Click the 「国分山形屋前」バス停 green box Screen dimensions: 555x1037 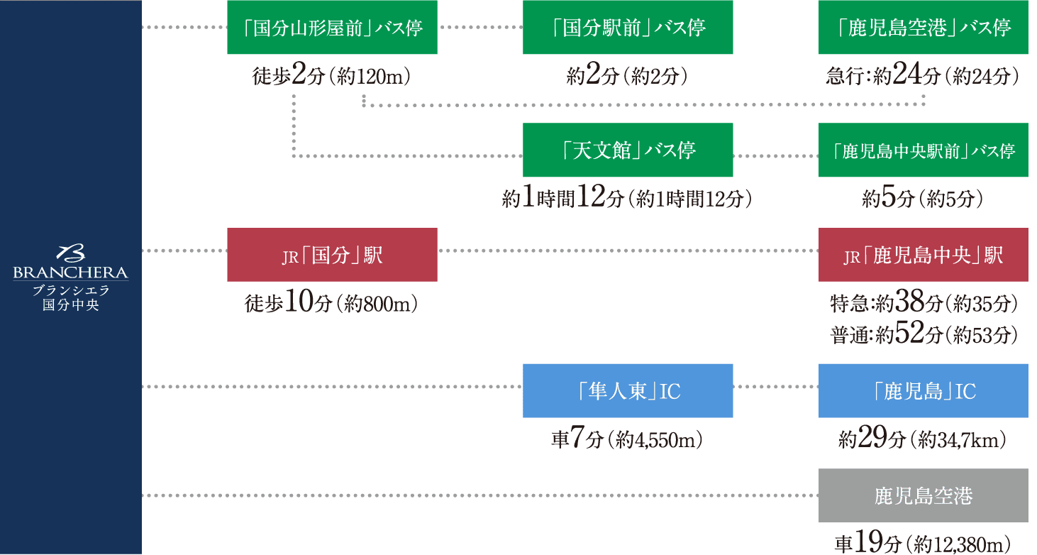332,28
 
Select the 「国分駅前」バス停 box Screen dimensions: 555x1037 628,28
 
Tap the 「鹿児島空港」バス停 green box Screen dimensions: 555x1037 923,28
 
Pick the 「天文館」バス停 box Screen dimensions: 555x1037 628,150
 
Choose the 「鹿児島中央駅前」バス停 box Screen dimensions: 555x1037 923,150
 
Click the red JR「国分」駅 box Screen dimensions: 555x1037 332,255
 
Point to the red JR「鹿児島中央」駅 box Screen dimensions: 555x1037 923,255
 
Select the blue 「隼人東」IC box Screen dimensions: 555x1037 628,391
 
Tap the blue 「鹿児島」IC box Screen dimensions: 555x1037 923,391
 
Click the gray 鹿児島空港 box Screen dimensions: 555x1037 923,495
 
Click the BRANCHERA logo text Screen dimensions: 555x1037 70,273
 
